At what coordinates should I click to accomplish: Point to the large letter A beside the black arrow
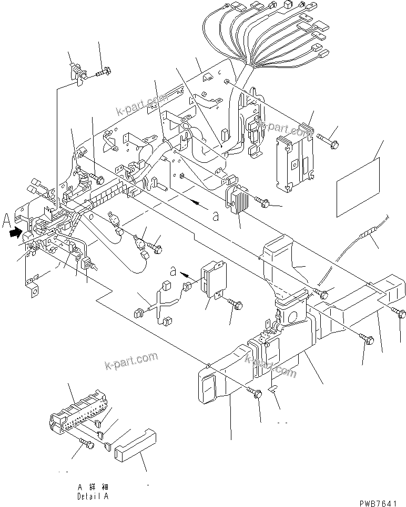(x=6, y=219)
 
